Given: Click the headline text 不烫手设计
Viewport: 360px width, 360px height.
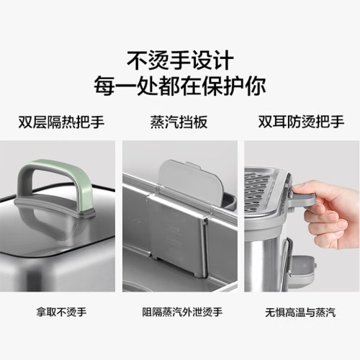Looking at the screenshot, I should tap(179, 57).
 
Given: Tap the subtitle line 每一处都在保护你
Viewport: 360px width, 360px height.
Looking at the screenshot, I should tap(179, 84).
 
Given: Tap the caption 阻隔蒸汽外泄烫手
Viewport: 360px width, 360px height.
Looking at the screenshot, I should tap(180, 312).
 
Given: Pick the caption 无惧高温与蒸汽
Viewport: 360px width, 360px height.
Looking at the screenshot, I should tap(300, 312).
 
